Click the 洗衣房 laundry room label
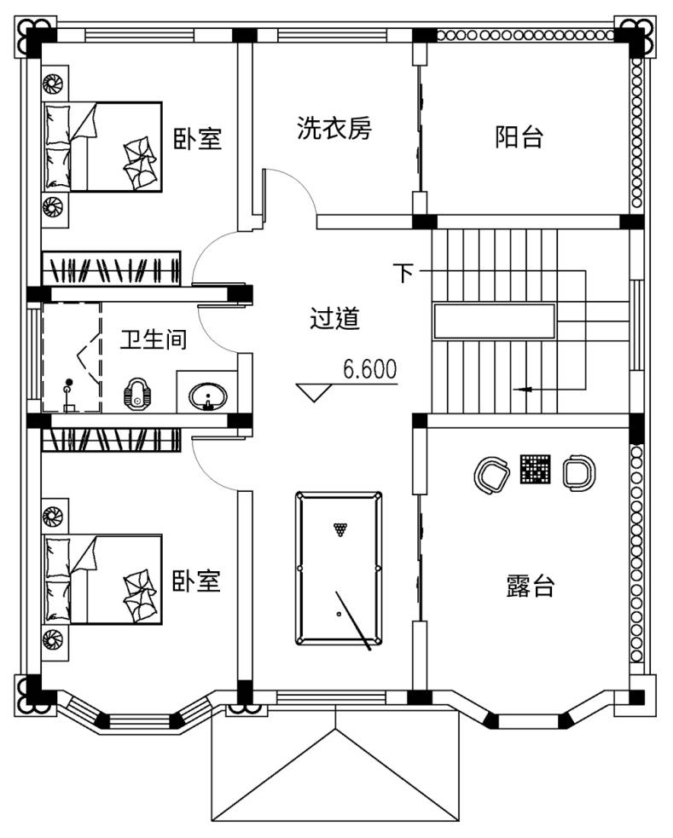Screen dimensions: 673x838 pyautogui.click(x=334, y=128)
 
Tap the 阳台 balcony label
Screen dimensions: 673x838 pyautogui.click(x=519, y=136)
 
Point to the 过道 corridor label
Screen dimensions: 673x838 pyautogui.click(x=334, y=318)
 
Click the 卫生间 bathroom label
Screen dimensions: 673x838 pyautogui.click(x=154, y=339)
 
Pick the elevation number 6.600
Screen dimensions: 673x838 pyautogui.click(x=370, y=369)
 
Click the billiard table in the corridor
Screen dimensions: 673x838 pyautogui.click(x=339, y=569)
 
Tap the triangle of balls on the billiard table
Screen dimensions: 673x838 pyautogui.click(x=340, y=529)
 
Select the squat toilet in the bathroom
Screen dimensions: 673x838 pyautogui.click(x=136, y=395)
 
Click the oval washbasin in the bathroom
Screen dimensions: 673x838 pyautogui.click(x=208, y=396)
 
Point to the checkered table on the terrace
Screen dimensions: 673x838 pyautogui.click(x=535, y=470)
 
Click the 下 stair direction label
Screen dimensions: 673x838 pyautogui.click(x=403, y=272)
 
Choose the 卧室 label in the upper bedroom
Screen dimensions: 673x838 pyautogui.click(x=197, y=138)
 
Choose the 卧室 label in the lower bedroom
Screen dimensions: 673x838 pyautogui.click(x=196, y=581)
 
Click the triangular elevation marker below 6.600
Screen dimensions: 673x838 pyautogui.click(x=314, y=392)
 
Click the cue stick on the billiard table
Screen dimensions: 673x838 pyautogui.click(x=353, y=621)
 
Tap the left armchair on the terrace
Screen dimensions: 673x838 pyautogui.click(x=491, y=474)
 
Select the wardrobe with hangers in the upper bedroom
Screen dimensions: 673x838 pyautogui.click(x=111, y=269)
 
